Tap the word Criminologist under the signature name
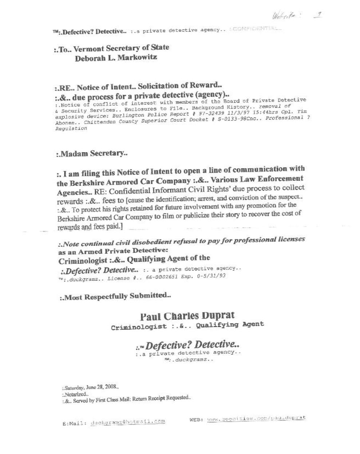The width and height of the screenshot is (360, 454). click(139, 326)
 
